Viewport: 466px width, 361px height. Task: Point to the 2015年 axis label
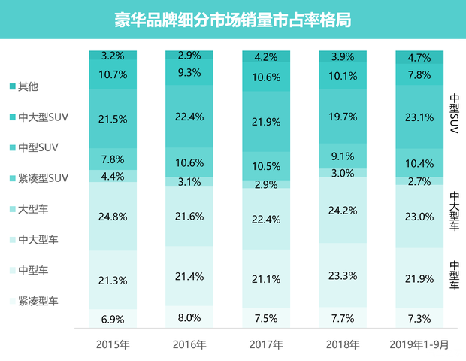point(113,345)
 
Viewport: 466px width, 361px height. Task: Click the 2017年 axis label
point(267,345)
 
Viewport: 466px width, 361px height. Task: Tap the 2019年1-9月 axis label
point(420,345)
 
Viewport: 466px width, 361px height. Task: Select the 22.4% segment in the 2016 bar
point(189,116)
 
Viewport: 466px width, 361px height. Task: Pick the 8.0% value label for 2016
point(189,317)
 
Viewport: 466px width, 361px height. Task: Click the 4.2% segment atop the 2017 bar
point(266,56)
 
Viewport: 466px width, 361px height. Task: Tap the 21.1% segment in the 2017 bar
point(266,279)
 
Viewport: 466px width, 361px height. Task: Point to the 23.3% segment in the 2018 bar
point(343,275)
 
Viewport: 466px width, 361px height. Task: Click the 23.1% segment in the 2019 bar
point(419,118)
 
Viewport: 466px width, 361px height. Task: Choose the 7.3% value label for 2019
point(419,319)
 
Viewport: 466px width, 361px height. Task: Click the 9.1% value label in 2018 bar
point(343,157)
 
